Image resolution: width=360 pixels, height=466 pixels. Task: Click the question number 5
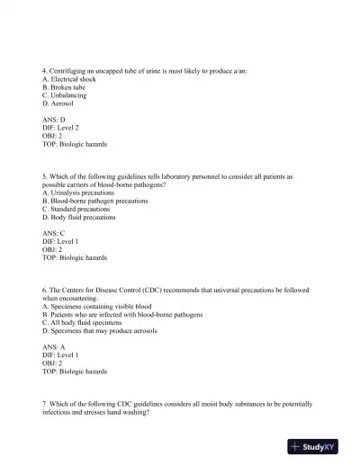pyautogui.click(x=45, y=175)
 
